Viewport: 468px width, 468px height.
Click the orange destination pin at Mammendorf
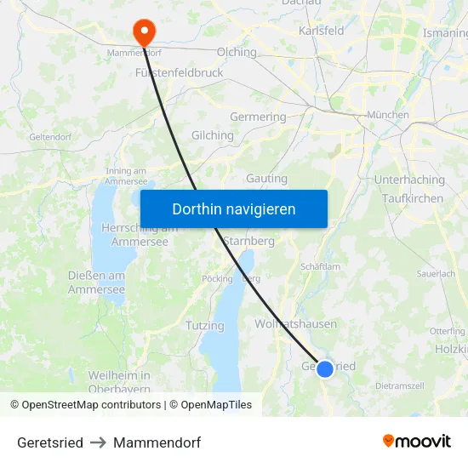pyautogui.click(x=144, y=32)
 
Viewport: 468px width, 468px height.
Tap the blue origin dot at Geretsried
pyautogui.click(x=325, y=368)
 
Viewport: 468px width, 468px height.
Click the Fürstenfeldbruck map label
pyautogui.click(x=180, y=73)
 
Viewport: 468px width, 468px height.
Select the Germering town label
pyautogui.click(x=258, y=117)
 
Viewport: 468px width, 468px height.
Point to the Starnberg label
pyautogui.click(x=248, y=241)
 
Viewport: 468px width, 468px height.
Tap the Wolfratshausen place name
pyautogui.click(x=295, y=324)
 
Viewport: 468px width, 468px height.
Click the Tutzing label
pyautogui.click(x=205, y=326)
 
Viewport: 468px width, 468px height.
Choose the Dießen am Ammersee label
pyautogui.click(x=96, y=283)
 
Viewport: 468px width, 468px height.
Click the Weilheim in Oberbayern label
pyautogui.click(x=119, y=382)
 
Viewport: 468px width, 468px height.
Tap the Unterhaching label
pyautogui.click(x=409, y=180)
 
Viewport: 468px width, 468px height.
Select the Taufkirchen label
pyautogui.click(x=413, y=198)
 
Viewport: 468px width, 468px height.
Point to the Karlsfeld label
pyautogui.click(x=321, y=31)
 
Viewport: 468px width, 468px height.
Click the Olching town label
pyautogui.click(x=237, y=52)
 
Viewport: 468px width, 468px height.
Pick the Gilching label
pyautogui.click(x=213, y=135)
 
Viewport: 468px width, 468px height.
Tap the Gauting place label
pyautogui.click(x=266, y=179)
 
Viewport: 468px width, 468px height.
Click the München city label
pyautogui.click(x=387, y=115)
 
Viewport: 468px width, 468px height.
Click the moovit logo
pyautogui.click(x=417, y=441)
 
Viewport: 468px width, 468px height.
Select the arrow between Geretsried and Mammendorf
pyautogui.click(x=98, y=442)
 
